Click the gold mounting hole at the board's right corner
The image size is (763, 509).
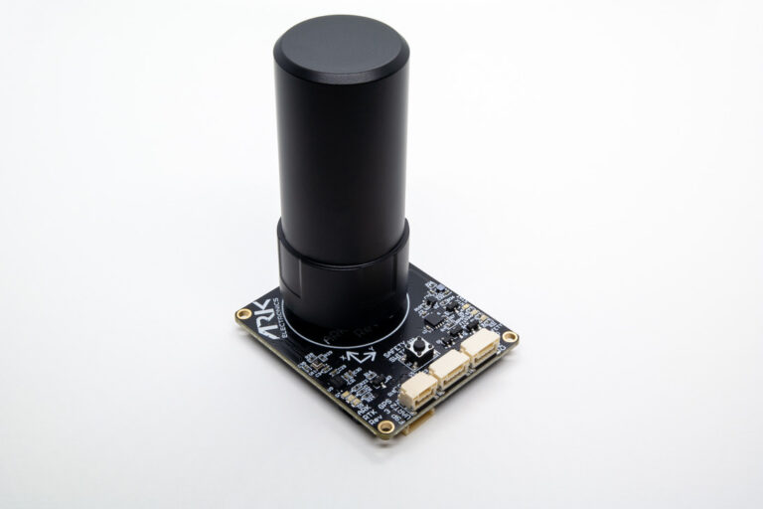510,338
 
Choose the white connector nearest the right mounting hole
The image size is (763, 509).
481,345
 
